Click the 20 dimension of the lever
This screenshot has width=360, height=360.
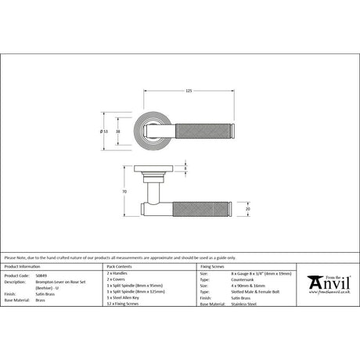coord(247,209)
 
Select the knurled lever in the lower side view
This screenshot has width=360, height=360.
coord(203,209)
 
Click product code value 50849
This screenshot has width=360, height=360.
coord(41,276)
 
